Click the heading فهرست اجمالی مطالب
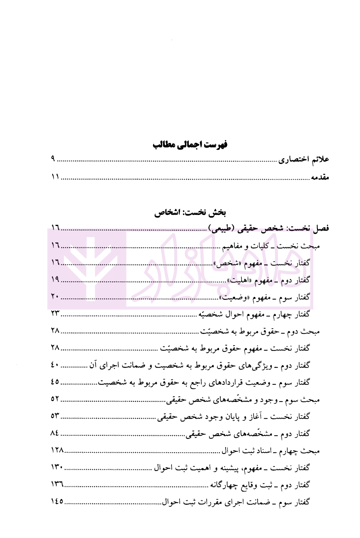click(x=190, y=145)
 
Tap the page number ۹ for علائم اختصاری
click(x=53, y=159)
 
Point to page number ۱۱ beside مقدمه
click(x=55, y=177)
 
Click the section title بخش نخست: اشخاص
click(x=190, y=212)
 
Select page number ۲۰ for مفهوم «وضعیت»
click(x=55, y=297)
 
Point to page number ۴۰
click(x=55, y=365)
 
